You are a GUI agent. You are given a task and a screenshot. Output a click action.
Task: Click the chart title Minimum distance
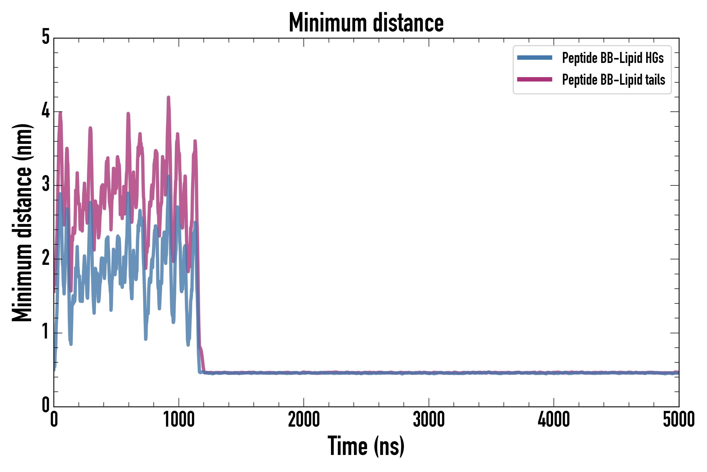[x=366, y=23]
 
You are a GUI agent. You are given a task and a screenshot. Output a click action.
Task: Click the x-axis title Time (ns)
[x=366, y=446]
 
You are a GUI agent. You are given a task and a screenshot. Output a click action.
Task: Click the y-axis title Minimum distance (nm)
[x=22, y=222]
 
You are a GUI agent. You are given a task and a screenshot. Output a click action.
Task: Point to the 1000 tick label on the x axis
[x=179, y=419]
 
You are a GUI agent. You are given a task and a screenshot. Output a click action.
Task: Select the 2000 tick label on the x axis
[x=303, y=419]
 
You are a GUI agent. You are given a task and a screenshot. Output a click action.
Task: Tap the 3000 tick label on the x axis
[x=429, y=419]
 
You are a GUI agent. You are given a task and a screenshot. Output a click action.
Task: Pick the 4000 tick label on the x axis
[x=554, y=419]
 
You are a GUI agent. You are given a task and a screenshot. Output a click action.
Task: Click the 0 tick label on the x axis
[x=54, y=419]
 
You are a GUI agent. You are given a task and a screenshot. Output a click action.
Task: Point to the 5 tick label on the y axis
[x=46, y=37]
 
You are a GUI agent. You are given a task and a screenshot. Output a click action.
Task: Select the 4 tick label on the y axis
[x=46, y=111]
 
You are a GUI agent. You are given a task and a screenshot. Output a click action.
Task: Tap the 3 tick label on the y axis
[x=46, y=185]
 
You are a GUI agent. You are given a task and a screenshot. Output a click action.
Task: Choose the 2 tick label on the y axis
[x=46, y=259]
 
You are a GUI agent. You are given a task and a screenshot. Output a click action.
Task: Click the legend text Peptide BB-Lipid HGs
[x=613, y=58]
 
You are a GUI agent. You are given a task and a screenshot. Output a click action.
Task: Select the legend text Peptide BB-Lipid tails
[x=614, y=80]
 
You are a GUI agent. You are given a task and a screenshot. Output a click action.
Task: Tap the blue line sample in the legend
[x=534, y=58]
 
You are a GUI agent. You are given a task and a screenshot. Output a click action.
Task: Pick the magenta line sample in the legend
[x=534, y=79]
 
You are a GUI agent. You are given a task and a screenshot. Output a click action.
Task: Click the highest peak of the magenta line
[x=168, y=98]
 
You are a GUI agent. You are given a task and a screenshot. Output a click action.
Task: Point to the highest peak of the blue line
[x=169, y=177]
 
